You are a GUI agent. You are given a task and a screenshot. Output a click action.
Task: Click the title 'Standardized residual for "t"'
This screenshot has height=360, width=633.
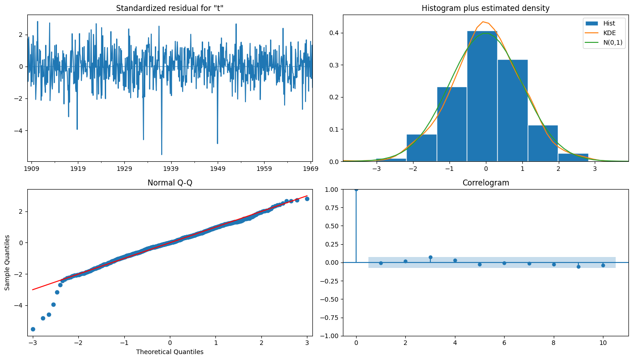(169, 8)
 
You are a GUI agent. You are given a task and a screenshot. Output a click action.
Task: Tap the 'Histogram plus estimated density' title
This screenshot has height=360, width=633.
(485, 8)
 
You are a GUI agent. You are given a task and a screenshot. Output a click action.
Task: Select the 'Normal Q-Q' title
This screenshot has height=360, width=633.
(169, 183)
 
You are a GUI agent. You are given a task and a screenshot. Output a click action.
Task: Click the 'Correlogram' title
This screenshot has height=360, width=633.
(485, 183)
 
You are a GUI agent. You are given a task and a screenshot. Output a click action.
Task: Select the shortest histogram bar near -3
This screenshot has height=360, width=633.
(391, 159)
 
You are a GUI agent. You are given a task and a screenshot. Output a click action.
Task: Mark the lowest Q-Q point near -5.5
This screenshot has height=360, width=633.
(33, 329)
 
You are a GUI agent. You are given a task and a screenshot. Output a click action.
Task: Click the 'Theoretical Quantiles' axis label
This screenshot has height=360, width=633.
(169, 352)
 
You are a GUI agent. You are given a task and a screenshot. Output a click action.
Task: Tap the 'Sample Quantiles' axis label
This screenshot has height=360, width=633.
(8, 262)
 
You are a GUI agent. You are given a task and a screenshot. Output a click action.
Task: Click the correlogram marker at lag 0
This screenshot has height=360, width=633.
(356, 189)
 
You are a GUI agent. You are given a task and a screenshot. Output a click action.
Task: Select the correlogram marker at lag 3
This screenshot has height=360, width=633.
(430, 257)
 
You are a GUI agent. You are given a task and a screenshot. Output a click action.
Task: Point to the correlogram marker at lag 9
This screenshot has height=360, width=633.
(578, 267)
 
